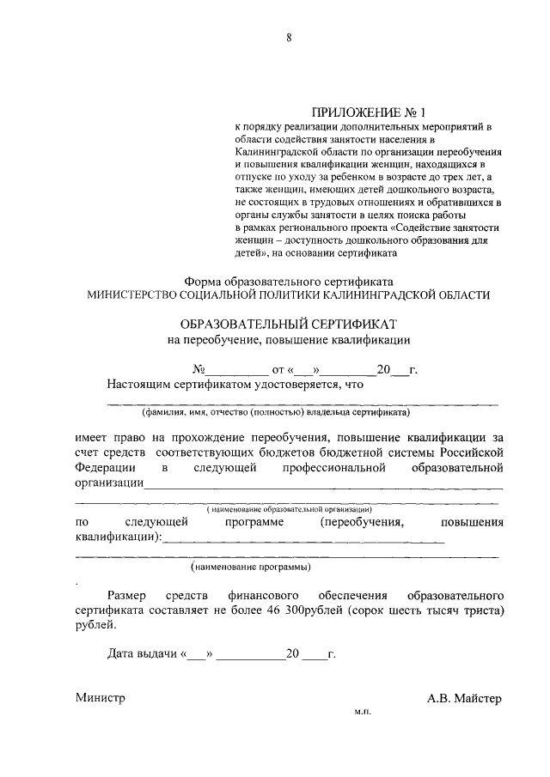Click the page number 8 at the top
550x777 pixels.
[x=290, y=37]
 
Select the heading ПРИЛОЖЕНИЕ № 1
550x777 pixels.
[x=367, y=112]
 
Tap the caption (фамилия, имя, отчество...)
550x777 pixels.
[x=288, y=411]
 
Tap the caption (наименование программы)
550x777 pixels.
[x=250, y=568]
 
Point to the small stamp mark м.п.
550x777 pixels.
[x=361, y=712]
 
